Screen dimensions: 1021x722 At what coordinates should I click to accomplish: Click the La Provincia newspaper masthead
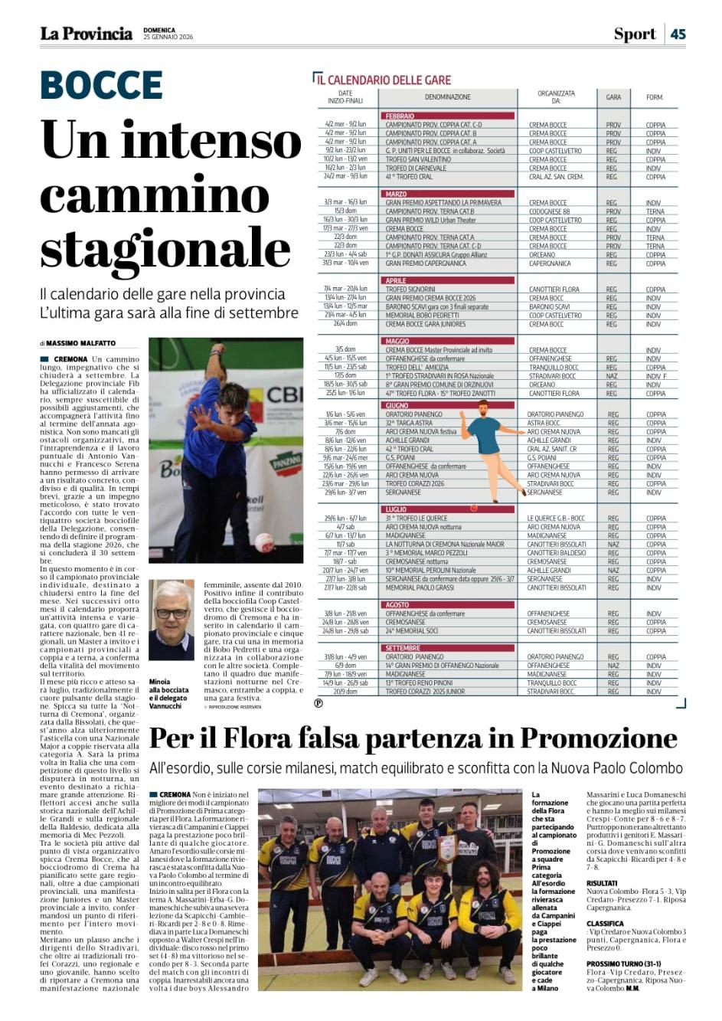(86, 34)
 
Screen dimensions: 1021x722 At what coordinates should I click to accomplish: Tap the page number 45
(678, 34)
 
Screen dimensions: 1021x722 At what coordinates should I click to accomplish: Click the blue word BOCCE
(101, 84)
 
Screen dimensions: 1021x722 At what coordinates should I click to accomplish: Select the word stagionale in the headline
(165, 249)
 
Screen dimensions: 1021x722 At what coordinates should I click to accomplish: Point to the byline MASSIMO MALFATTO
(81, 343)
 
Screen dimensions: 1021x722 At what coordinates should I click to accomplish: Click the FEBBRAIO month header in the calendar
(400, 116)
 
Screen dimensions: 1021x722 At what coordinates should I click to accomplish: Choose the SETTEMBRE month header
(403, 648)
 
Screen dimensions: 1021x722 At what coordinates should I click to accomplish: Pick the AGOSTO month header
(398, 605)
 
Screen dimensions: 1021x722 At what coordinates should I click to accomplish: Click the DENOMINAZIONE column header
(448, 97)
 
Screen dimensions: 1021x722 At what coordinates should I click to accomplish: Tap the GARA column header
(613, 97)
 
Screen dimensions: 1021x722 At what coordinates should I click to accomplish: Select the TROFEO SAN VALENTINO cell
(418, 159)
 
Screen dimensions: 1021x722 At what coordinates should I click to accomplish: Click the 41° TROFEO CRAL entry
(409, 177)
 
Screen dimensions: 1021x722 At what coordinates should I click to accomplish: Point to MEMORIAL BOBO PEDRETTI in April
(422, 315)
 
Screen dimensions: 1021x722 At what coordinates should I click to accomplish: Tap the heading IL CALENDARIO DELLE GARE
(384, 80)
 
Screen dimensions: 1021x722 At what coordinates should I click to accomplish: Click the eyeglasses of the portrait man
(171, 613)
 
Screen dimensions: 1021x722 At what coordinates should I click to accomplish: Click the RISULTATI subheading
(602, 883)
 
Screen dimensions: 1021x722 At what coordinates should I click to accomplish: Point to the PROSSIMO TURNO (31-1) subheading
(624, 964)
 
